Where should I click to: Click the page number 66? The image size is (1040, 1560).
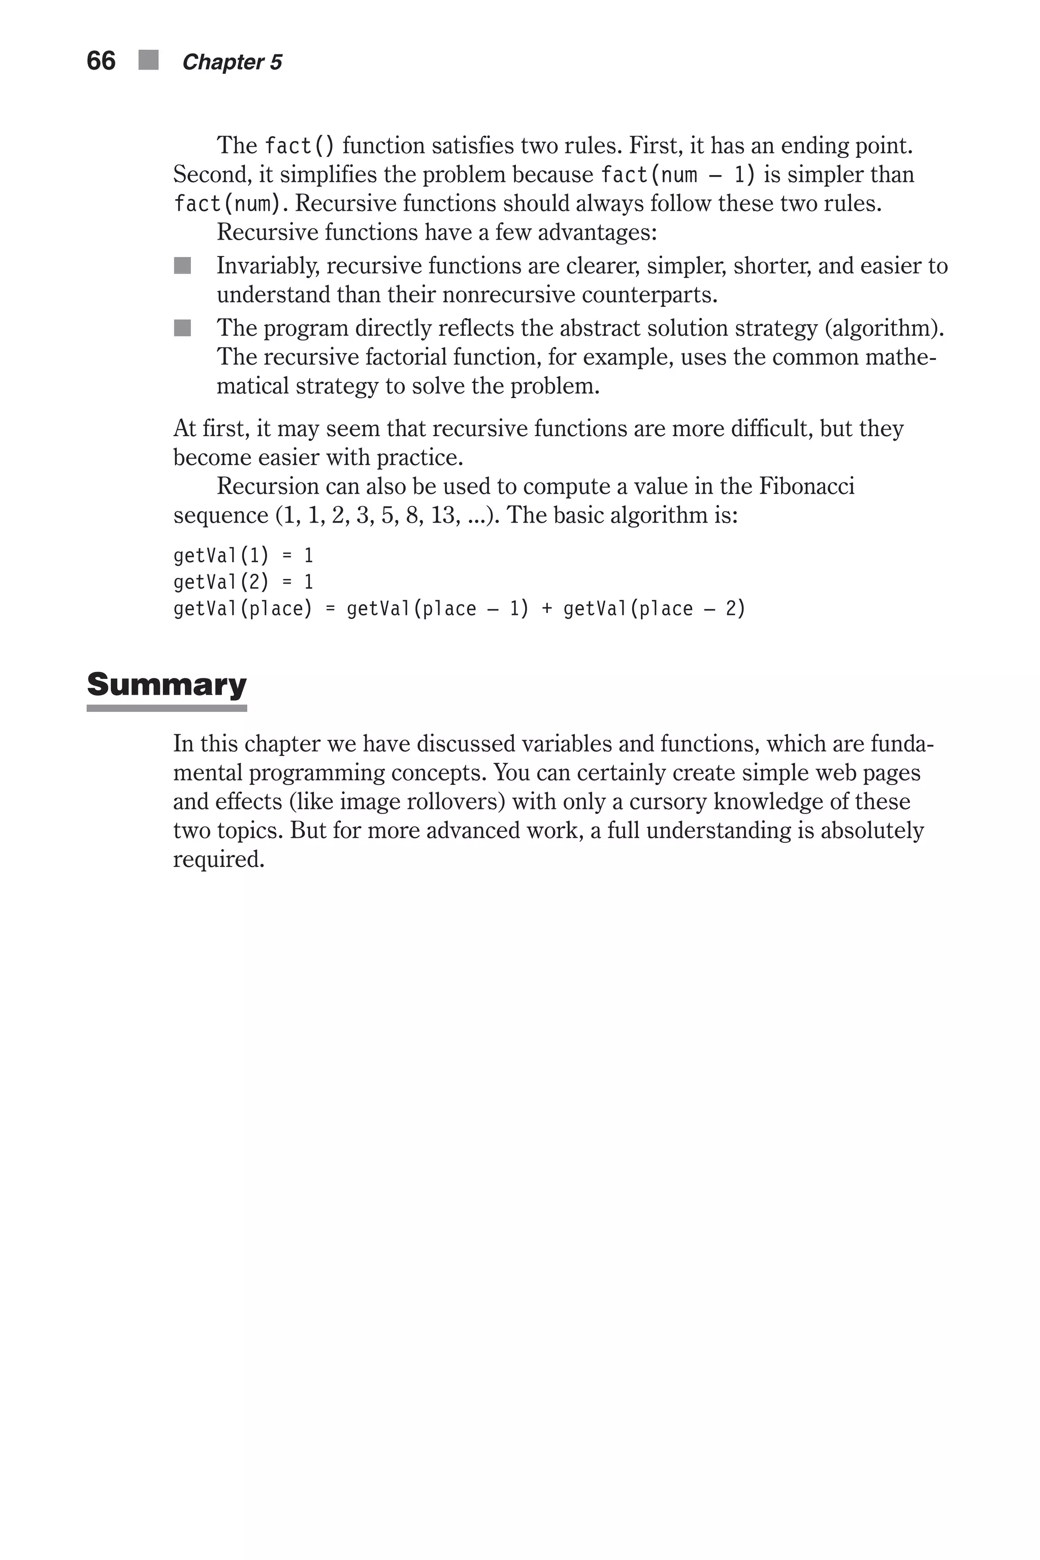(x=101, y=61)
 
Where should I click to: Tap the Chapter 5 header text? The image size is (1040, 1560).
(x=232, y=62)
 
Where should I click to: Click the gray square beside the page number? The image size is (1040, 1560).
(x=149, y=60)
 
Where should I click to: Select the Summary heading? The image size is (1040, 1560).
(x=167, y=684)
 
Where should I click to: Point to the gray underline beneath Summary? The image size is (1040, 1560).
(x=167, y=708)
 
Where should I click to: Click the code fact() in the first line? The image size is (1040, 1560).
(x=299, y=145)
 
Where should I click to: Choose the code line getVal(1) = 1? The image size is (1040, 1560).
(x=243, y=555)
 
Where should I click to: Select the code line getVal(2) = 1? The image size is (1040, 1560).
(x=243, y=581)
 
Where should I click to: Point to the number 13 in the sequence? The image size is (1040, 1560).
(x=443, y=515)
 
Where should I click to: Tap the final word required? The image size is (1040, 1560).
(x=218, y=860)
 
